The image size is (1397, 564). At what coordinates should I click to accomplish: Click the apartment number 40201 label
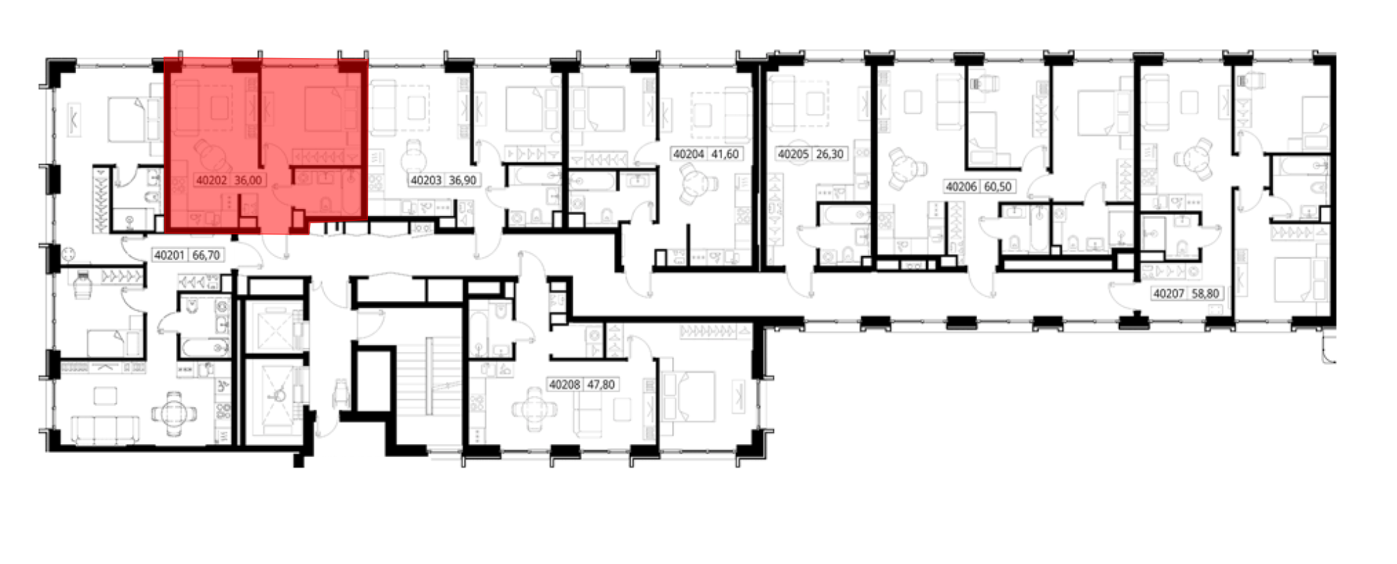click(x=169, y=255)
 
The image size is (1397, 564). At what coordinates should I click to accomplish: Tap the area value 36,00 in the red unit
click(x=248, y=180)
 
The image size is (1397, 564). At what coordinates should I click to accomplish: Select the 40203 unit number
click(x=426, y=180)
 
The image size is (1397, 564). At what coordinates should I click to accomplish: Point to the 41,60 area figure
click(x=724, y=154)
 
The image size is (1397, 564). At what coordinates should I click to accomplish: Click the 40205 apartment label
click(x=793, y=154)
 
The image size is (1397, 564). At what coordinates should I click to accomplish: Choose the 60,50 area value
click(x=998, y=186)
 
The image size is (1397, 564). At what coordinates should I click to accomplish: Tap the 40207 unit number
click(x=1169, y=294)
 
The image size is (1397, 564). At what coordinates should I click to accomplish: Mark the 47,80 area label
click(x=601, y=385)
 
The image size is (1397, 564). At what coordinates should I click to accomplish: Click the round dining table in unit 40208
click(x=534, y=408)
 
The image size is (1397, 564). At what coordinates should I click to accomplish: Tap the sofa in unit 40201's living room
click(x=105, y=429)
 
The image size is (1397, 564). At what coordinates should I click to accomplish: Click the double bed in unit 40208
click(x=688, y=396)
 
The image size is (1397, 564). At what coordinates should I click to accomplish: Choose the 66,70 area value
click(x=205, y=255)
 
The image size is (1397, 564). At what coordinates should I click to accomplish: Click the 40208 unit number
click(x=565, y=385)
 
